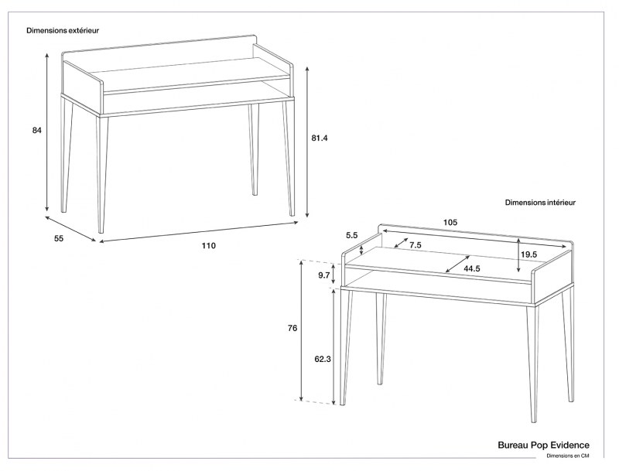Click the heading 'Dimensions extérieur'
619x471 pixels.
(62, 31)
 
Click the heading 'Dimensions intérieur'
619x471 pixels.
(540, 203)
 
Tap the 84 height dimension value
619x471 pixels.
(36, 130)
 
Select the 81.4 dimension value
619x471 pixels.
(320, 138)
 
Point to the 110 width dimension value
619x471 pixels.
(209, 246)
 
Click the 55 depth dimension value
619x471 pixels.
(59, 238)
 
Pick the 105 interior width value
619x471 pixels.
(450, 222)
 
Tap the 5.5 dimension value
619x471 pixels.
(352, 235)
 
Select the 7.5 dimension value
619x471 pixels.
(416, 245)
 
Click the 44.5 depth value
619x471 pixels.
(473, 268)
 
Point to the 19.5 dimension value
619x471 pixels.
(529, 254)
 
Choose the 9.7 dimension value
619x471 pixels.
(324, 275)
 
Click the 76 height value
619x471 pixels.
(292, 329)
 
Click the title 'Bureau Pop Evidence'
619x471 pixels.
(543, 445)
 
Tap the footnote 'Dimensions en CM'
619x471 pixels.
(568, 457)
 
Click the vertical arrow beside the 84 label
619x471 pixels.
(47, 131)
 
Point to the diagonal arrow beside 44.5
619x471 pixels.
(457, 264)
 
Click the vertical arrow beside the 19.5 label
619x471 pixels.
(518, 256)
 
